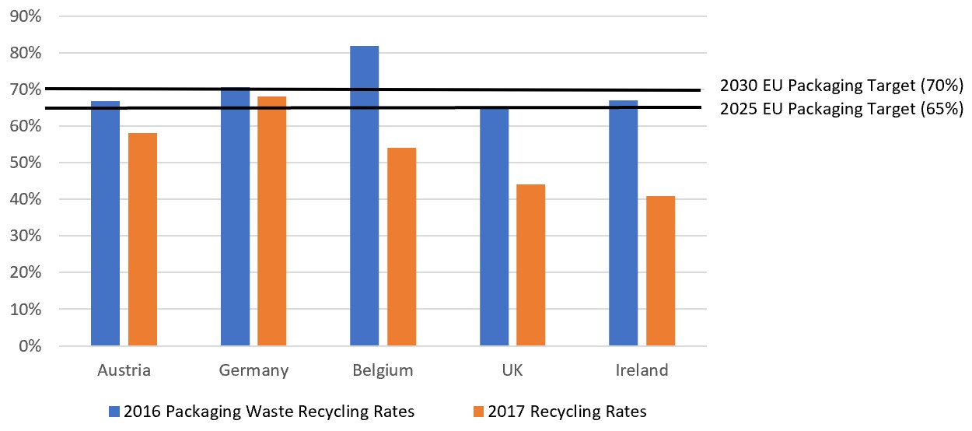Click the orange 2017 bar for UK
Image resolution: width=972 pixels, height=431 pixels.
tap(531, 265)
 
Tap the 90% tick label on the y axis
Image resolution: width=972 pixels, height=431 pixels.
tap(26, 16)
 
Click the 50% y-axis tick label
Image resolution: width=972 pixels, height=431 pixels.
tap(26, 163)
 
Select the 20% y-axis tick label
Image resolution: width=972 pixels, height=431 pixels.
tap(26, 273)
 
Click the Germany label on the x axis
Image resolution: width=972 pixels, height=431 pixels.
tap(253, 370)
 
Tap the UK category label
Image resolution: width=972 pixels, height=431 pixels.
tap(512, 370)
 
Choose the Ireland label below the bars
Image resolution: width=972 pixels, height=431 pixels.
tap(642, 370)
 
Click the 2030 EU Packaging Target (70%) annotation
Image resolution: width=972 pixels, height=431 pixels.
tap(841, 85)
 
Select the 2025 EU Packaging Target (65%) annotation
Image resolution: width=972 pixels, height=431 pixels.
tap(841, 109)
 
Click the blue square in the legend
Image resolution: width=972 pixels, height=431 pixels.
tap(114, 412)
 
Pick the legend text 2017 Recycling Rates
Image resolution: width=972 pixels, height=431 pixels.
tap(567, 412)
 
